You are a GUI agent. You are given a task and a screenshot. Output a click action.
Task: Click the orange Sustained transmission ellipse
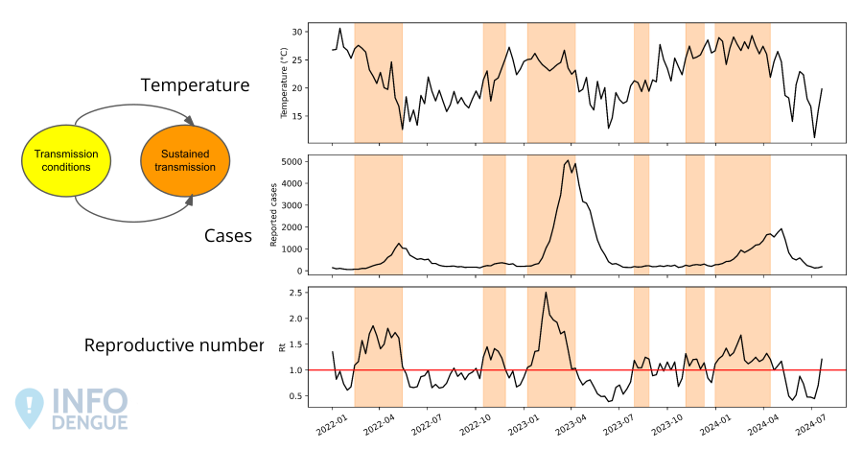(x=186, y=161)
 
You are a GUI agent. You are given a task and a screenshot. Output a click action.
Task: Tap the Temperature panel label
(x=195, y=85)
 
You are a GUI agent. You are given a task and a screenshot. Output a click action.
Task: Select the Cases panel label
(x=228, y=235)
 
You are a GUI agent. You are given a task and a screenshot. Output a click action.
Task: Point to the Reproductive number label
(x=174, y=345)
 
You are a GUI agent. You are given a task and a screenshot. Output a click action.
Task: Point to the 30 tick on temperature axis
(x=297, y=32)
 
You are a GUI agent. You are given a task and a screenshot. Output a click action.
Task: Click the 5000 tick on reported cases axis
(x=292, y=161)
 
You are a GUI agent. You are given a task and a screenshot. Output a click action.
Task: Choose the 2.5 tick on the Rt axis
(x=295, y=293)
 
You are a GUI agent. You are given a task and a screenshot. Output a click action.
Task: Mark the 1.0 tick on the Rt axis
(x=295, y=370)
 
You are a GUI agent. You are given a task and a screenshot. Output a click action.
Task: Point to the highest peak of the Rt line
(x=546, y=293)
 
